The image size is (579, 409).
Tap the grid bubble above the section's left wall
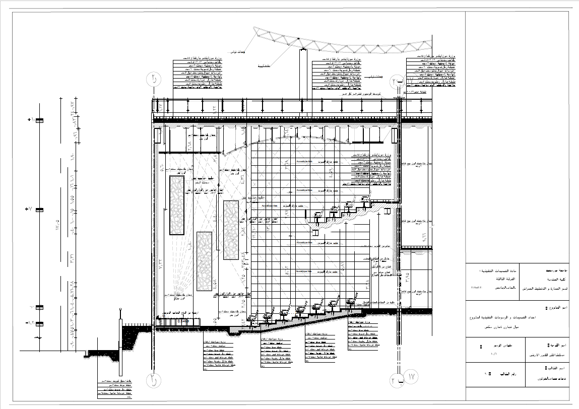[x=153, y=79]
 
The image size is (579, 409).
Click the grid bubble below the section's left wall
[x=153, y=380]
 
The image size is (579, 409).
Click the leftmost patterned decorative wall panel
[x=176, y=205]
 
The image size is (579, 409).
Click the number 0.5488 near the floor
[x=182, y=321]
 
